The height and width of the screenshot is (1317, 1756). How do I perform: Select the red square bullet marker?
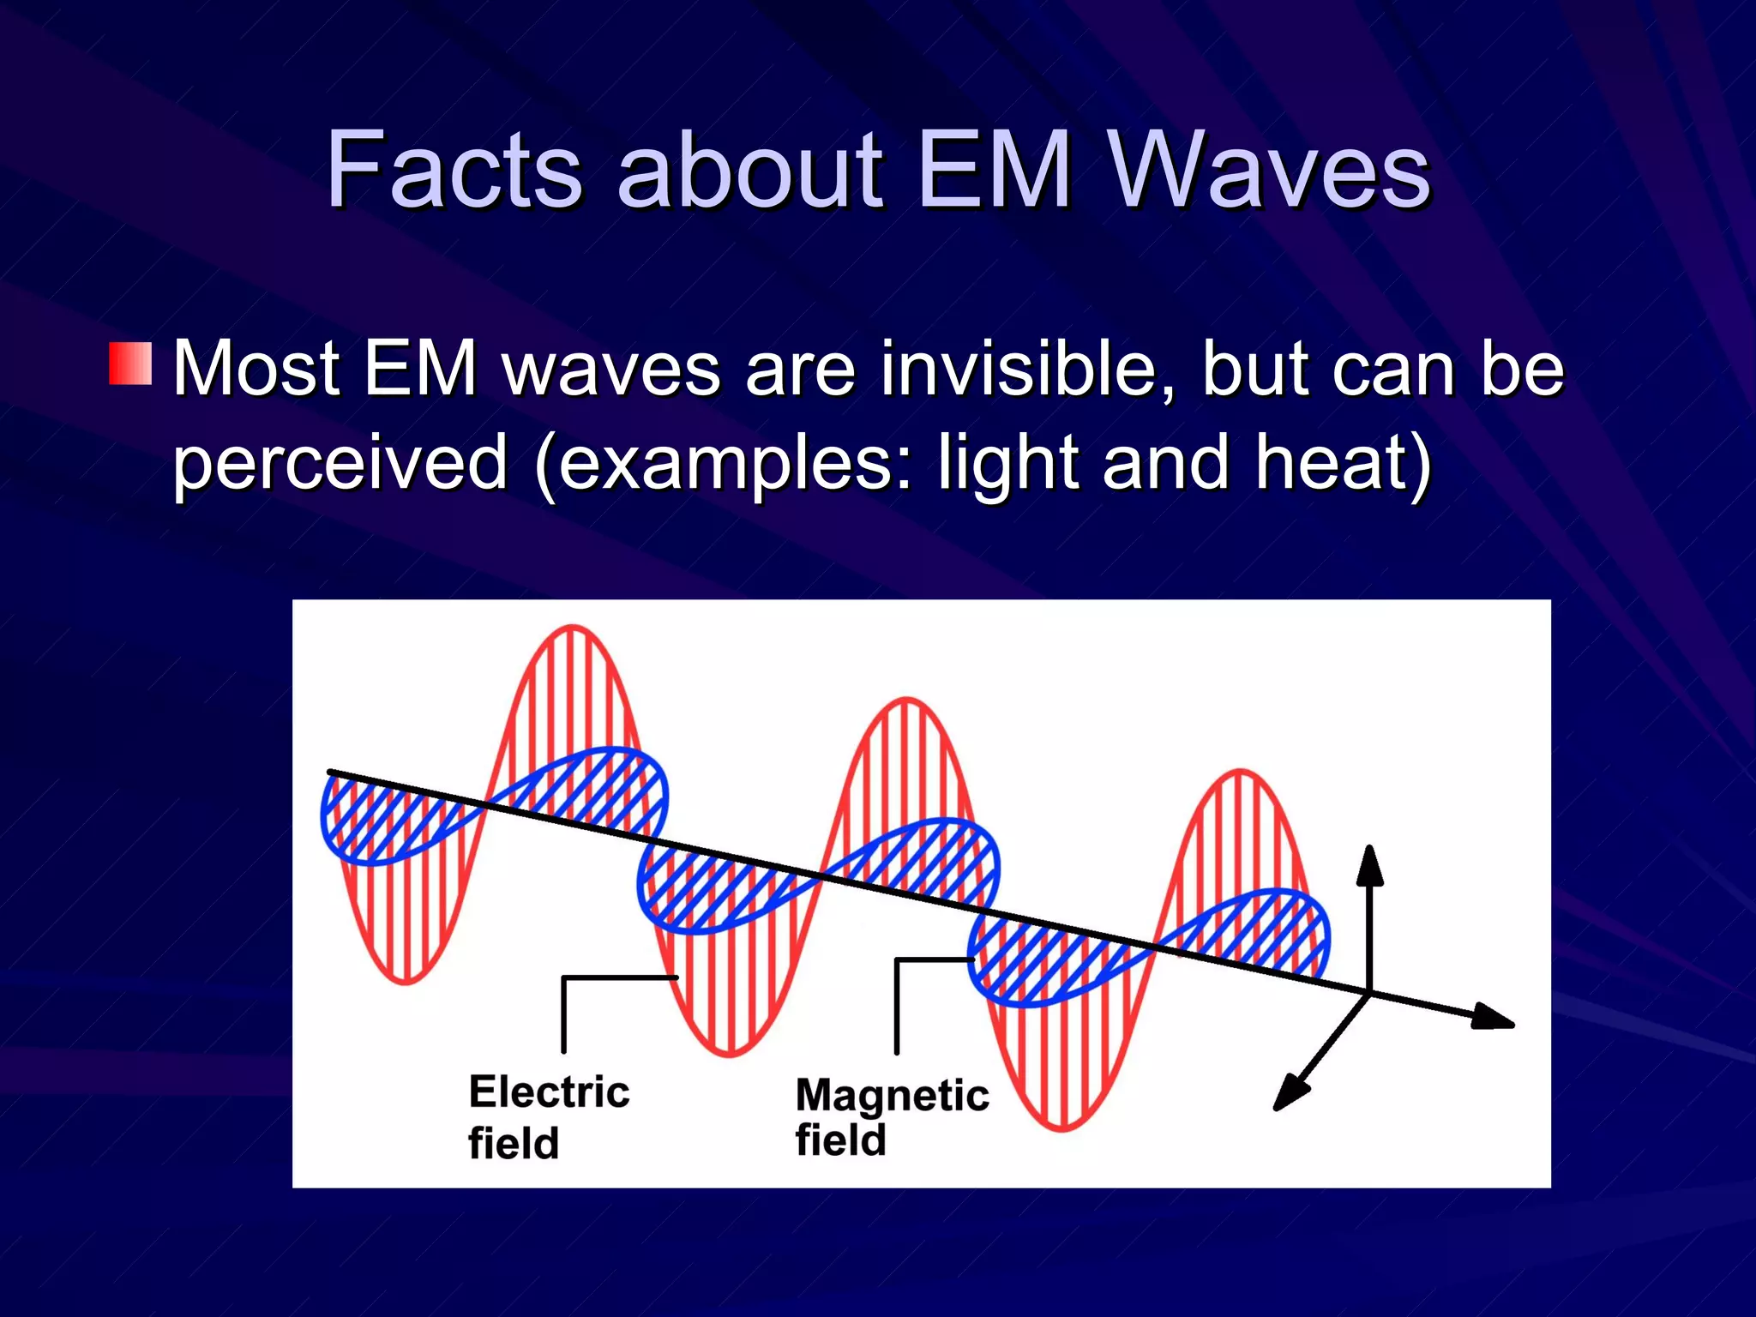point(130,364)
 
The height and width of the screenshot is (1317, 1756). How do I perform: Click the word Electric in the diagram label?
point(549,1091)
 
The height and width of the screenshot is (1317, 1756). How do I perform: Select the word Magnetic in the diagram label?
point(892,1095)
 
